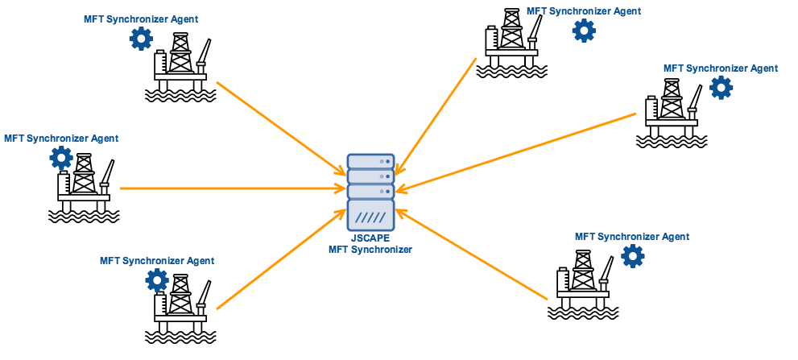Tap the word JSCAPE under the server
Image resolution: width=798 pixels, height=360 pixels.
click(x=370, y=239)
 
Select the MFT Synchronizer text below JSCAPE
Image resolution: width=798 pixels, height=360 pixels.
click(x=370, y=250)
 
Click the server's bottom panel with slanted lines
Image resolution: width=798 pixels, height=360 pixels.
click(x=370, y=216)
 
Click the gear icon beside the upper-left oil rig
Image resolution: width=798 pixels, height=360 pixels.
click(x=141, y=38)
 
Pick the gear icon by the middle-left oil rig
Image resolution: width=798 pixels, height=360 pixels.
click(x=61, y=157)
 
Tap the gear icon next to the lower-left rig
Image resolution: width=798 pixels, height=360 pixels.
click(x=157, y=279)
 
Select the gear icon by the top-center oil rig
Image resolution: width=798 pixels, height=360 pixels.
click(x=584, y=31)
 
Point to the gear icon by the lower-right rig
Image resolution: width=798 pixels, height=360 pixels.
click(x=633, y=256)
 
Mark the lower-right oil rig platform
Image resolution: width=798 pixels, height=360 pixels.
click(x=584, y=286)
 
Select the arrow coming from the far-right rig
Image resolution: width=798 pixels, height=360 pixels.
click(x=515, y=153)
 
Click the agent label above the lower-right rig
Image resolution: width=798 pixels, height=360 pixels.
click(x=632, y=237)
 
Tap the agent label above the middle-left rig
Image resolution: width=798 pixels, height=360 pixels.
click(x=61, y=139)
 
